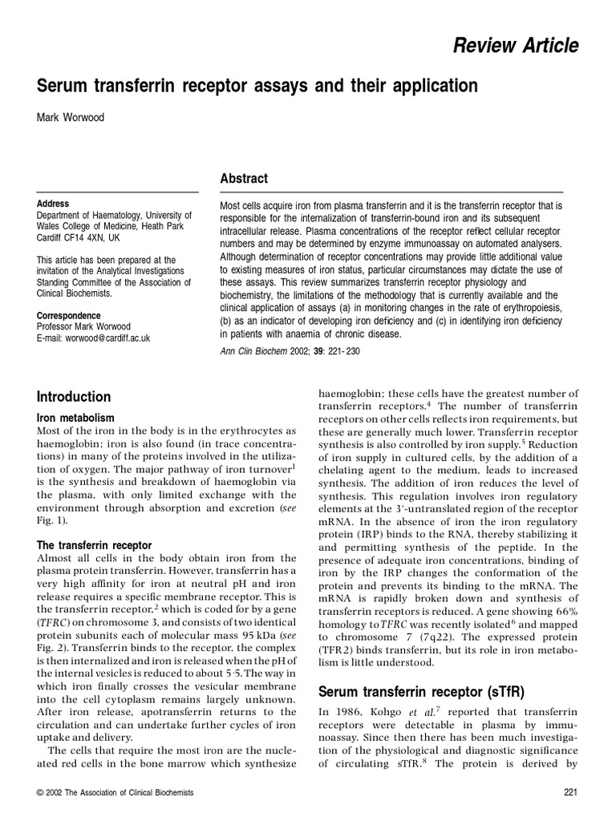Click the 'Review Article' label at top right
(527, 47)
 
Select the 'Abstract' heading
(244, 179)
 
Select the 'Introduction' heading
(74, 397)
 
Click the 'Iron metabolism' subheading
(76, 418)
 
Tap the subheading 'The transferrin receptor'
(95, 545)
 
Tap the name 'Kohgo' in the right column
(406, 711)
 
